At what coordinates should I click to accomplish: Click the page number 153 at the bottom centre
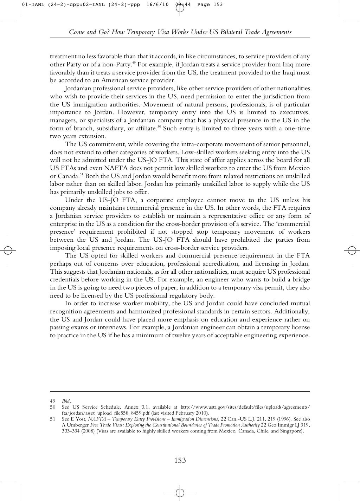point(180,460)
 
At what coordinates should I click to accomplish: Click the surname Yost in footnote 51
point(80,419)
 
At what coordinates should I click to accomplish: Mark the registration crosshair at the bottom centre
point(180,492)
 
